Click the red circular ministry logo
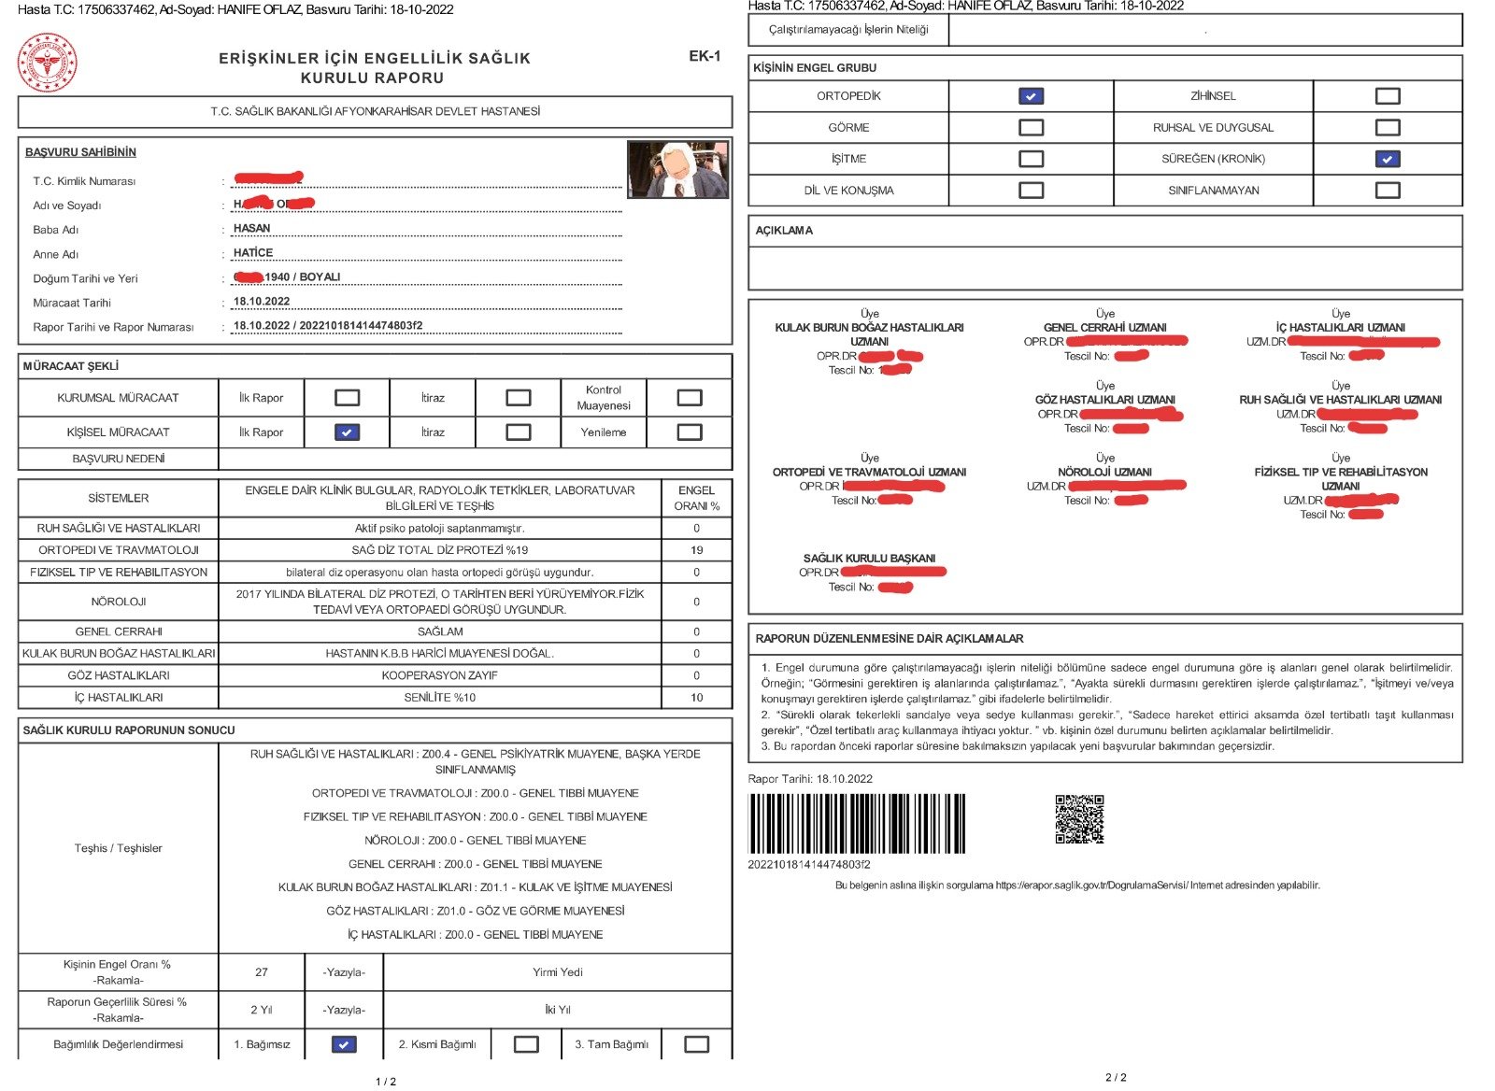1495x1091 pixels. click(48, 63)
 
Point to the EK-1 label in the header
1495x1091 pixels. click(705, 56)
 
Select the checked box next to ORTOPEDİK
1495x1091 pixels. click(1031, 95)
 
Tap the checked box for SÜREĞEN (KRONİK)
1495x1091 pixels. click(1388, 159)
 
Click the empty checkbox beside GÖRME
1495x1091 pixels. click(1031, 127)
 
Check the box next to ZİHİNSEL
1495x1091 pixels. click(1388, 95)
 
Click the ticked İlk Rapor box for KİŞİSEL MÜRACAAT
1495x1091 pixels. click(347, 432)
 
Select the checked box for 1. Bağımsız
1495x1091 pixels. click(344, 1044)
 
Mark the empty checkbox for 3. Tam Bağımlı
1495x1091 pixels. click(696, 1044)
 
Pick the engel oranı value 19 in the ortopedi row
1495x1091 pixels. click(696, 550)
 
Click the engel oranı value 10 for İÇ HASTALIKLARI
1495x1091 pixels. click(696, 698)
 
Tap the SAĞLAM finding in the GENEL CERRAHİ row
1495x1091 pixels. click(440, 631)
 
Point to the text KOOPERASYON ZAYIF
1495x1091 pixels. click(440, 675)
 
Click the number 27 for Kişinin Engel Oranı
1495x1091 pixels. click(262, 972)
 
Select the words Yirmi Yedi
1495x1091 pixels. click(558, 972)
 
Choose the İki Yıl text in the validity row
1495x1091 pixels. click(558, 1010)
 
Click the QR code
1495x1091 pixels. click(1079, 819)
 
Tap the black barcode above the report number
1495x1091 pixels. click(856, 823)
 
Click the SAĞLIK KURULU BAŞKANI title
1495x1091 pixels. click(869, 559)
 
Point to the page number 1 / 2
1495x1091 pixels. click(386, 1082)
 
